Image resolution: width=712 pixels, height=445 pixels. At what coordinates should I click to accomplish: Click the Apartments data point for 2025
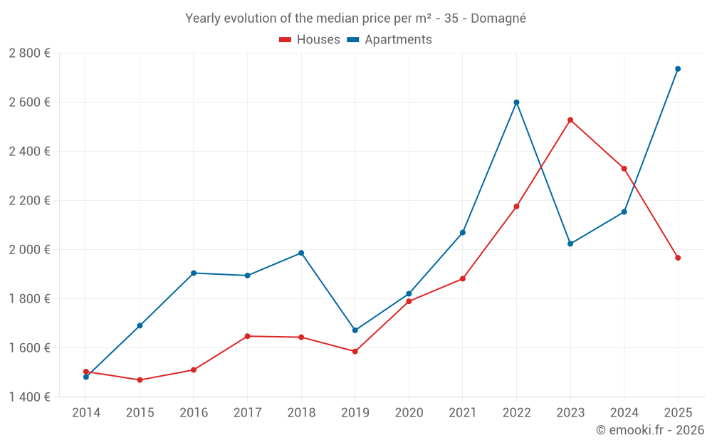point(678,69)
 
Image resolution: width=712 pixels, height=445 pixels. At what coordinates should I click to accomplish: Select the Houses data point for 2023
point(570,120)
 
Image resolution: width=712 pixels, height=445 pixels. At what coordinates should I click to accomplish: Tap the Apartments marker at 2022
point(516,103)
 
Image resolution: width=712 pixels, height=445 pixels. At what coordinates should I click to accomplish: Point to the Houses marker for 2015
point(140,380)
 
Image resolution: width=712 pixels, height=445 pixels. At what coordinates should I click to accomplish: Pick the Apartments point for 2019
point(355,330)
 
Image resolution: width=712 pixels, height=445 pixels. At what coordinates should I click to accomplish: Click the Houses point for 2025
point(678,258)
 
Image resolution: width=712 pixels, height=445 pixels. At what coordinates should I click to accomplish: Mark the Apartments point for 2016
point(194,273)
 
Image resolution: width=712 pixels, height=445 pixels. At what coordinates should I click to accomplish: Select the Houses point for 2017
point(247,336)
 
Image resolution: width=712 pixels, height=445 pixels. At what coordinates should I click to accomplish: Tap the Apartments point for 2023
point(570,244)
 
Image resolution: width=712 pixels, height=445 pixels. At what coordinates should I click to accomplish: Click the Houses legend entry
point(310,40)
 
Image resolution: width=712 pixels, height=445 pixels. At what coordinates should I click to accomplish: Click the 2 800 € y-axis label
point(30,53)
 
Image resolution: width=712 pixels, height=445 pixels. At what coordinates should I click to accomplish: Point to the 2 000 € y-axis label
point(30,250)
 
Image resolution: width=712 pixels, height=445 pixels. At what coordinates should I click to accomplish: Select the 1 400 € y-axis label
point(30,397)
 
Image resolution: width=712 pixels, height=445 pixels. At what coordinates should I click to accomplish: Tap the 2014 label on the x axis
point(86,413)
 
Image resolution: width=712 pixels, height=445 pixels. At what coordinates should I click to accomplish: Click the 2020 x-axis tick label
point(409,413)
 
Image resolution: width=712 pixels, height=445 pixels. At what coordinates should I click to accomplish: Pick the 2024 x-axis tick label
point(624,413)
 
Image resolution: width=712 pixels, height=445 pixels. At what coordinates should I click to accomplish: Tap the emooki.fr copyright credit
point(650,430)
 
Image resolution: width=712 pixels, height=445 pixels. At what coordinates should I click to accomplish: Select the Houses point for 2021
point(463,279)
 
